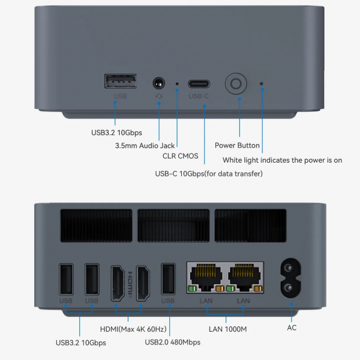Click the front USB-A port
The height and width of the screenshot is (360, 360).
coord(121,82)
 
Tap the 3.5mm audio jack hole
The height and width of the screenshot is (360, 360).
coord(159,83)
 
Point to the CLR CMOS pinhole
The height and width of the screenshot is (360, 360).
coord(177,84)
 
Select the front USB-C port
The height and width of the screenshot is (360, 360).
coord(199,83)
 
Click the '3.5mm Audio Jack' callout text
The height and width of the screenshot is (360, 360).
coord(145,145)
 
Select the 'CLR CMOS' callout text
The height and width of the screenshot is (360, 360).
coord(180,156)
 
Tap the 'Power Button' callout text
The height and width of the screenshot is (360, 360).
coord(237,145)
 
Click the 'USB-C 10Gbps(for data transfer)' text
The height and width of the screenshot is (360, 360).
coord(209,174)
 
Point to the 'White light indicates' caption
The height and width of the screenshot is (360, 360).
coord(282,160)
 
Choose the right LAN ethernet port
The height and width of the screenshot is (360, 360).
coord(244,277)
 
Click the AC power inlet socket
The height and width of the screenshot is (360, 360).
coord(291,279)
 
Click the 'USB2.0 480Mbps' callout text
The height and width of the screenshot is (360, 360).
coord(173,342)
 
